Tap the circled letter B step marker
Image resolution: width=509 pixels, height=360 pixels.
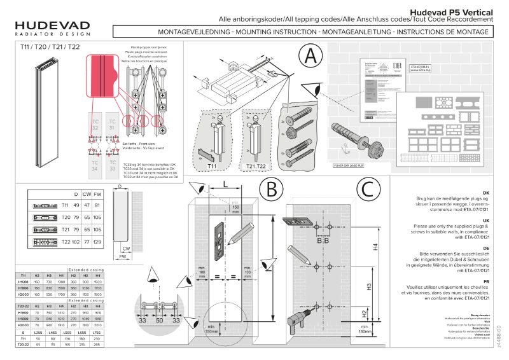272,190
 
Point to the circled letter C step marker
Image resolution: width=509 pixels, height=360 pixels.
370,190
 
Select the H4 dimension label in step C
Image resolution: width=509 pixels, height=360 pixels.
375,247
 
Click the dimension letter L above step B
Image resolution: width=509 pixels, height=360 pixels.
226,184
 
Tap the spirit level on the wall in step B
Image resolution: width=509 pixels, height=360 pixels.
220,240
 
